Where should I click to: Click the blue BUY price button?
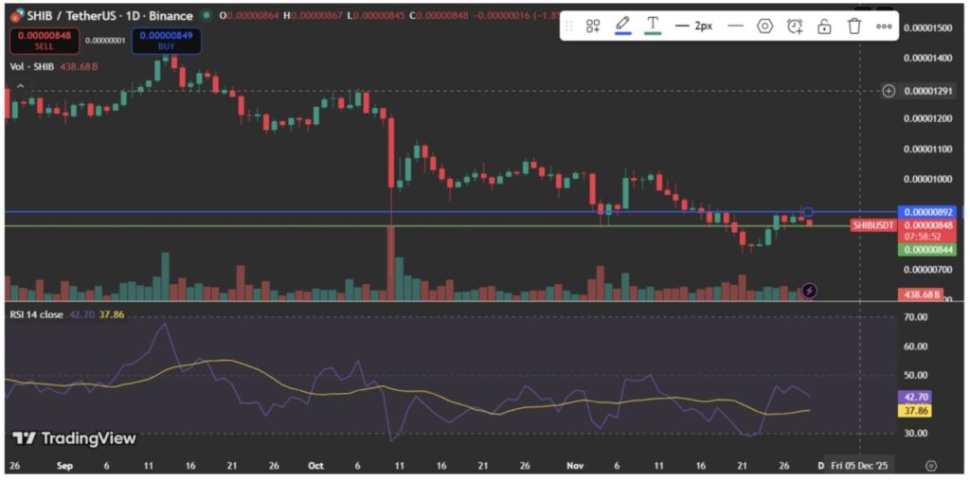click(166, 40)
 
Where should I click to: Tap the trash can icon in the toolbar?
click(853, 26)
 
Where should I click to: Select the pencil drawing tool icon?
click(622, 26)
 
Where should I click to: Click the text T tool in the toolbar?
click(653, 26)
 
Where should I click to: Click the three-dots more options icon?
click(884, 26)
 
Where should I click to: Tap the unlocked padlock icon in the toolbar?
click(824, 26)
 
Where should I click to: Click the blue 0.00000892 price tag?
click(927, 212)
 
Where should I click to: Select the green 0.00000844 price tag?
click(927, 250)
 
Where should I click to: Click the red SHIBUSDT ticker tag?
click(872, 225)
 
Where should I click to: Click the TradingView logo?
click(75, 438)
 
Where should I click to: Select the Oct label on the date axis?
click(316, 466)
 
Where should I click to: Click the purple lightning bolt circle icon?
click(809, 291)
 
